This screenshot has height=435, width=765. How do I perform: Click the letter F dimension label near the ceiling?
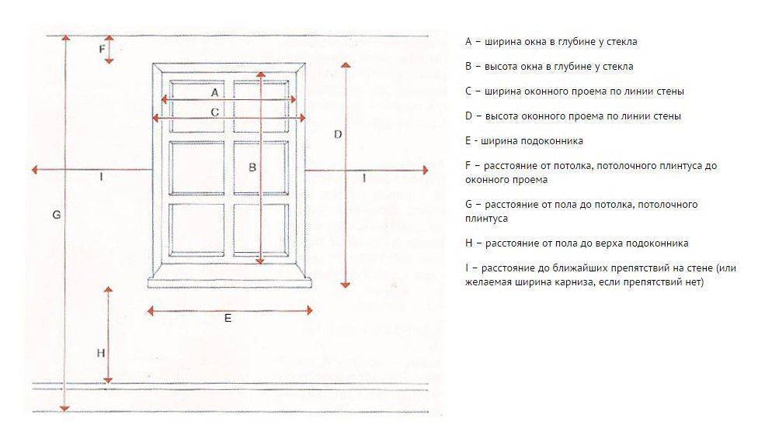[102, 49]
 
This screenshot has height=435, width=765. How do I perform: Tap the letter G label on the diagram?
[57, 214]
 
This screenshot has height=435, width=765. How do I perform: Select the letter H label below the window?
[100, 353]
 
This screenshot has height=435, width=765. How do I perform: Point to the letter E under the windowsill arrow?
[228, 318]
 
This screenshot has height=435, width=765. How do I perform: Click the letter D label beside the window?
[338, 134]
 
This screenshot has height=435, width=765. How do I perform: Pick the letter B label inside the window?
[252, 167]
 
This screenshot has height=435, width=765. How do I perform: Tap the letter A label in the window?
[214, 92]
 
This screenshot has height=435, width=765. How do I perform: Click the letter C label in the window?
[214, 112]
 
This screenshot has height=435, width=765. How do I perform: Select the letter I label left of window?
[101, 176]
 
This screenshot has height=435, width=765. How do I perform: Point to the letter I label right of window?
[363, 178]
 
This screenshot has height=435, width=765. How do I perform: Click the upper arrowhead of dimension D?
[346, 65]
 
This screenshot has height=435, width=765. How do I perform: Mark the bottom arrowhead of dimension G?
[64, 408]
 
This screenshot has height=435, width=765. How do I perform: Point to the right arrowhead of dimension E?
[309, 310]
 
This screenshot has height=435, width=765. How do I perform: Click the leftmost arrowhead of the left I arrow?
[35, 170]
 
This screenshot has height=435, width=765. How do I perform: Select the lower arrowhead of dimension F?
[110, 61]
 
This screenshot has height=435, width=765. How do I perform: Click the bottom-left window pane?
[196, 230]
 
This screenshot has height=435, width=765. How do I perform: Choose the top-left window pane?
[196, 106]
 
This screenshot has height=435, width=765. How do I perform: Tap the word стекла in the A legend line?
[621, 42]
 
